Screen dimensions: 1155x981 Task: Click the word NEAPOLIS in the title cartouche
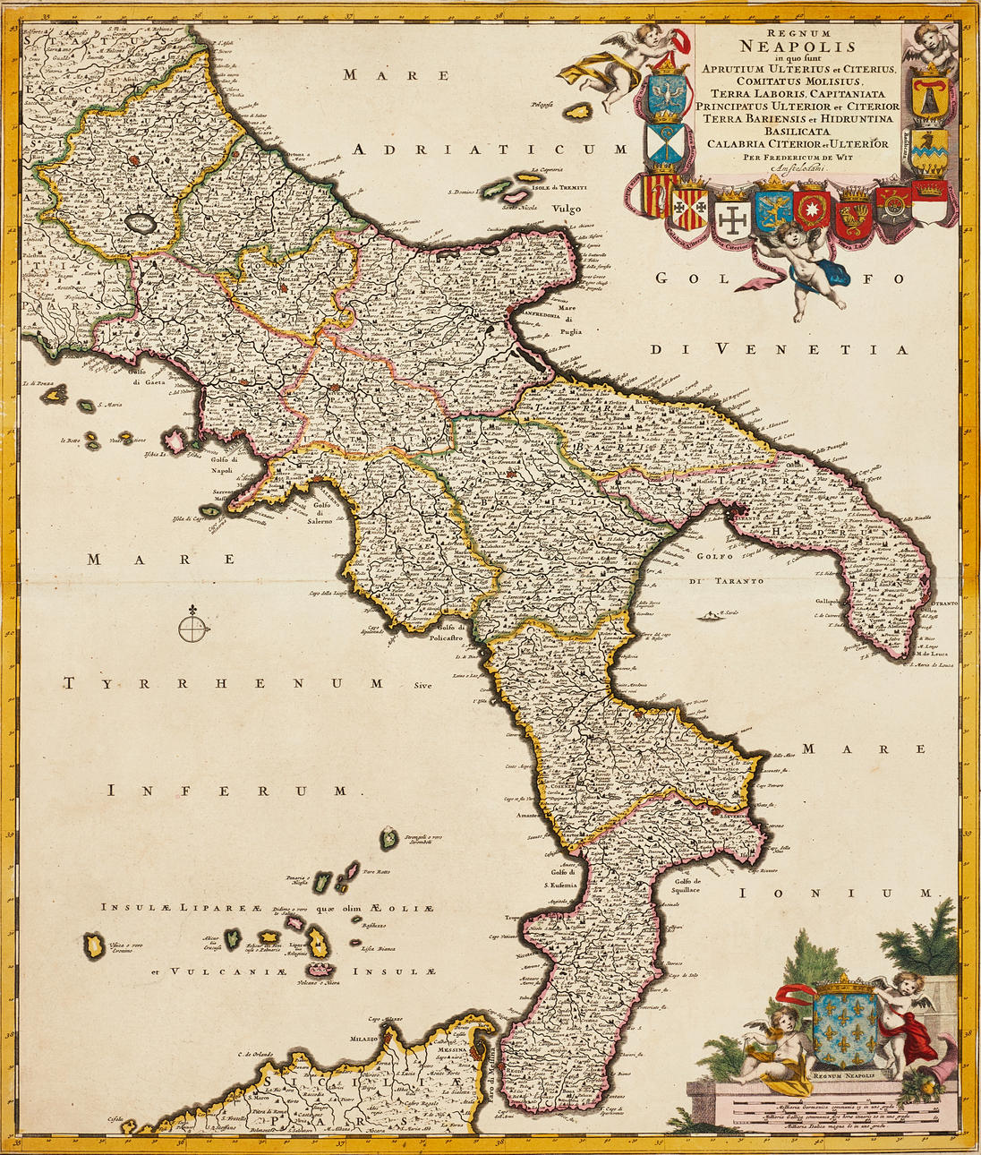click(x=798, y=47)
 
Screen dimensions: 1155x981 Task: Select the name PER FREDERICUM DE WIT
click(x=796, y=156)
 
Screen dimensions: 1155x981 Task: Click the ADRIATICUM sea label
click(x=490, y=150)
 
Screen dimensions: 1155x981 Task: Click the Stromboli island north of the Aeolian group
click(x=389, y=839)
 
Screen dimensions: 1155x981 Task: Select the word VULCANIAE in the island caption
click(x=211, y=971)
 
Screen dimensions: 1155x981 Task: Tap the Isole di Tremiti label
click(x=559, y=187)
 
